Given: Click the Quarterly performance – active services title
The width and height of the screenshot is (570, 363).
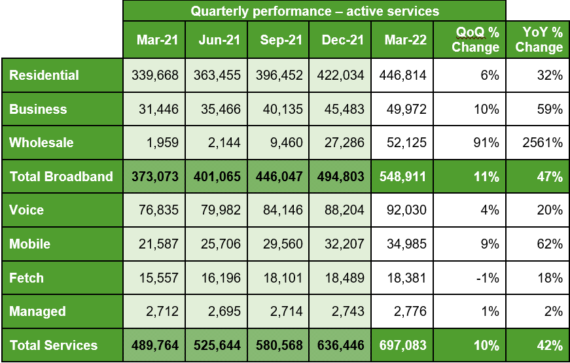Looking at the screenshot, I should click(x=315, y=11).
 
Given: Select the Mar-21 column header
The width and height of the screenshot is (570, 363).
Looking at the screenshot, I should click(x=157, y=40).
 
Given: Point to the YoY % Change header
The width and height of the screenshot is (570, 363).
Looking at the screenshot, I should click(x=539, y=40).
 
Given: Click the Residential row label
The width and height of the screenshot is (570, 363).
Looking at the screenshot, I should click(x=44, y=75).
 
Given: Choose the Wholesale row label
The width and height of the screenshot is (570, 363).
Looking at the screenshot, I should click(x=41, y=143).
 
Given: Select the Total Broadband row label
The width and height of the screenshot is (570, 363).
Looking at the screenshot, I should click(x=61, y=177).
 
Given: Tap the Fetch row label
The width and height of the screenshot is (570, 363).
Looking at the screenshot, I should click(x=27, y=278).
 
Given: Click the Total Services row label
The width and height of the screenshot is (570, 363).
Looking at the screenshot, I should click(x=54, y=345).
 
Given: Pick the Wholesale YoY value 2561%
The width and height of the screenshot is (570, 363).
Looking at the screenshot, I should click(x=546, y=143).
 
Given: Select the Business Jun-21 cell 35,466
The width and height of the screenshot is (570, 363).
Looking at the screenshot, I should click(x=217, y=109).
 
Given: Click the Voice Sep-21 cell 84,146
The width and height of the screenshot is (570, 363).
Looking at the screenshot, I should click(x=279, y=210).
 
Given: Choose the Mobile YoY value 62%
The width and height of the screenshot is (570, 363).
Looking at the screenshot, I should click(x=552, y=244).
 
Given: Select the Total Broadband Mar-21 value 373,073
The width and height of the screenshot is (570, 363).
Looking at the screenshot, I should click(x=154, y=177).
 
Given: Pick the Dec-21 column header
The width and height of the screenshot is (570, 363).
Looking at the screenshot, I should click(x=342, y=40).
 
